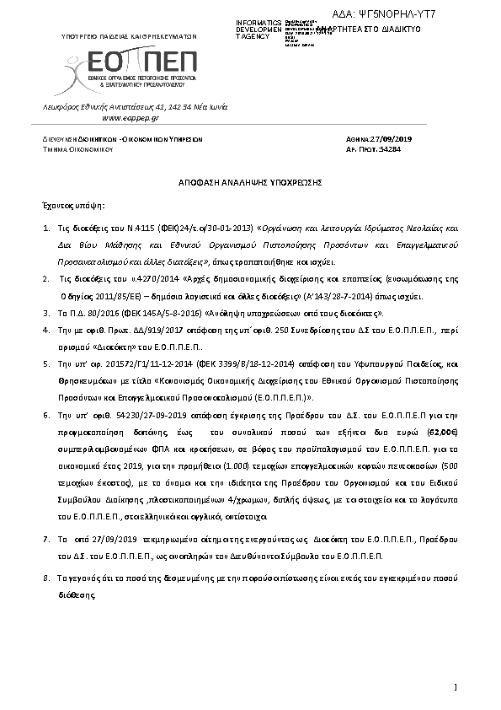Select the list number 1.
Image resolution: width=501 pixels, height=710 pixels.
coord(46,229)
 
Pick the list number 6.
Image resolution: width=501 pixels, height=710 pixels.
coord(46,417)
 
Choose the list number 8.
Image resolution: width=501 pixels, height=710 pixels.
coord(46,579)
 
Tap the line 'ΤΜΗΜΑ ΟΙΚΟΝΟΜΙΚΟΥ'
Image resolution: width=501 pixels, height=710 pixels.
coord(79,148)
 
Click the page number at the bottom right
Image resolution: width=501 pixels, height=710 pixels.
coord(455,687)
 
